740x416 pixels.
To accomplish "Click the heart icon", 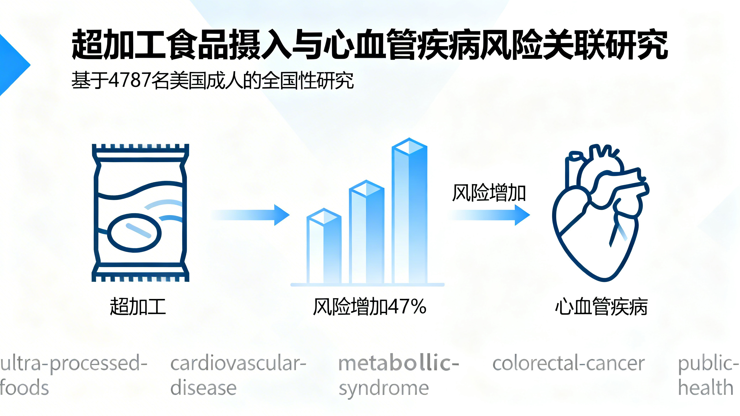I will tap(598, 214).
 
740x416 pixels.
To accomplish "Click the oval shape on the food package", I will tap(134, 233).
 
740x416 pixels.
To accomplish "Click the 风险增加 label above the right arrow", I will tap(489, 193).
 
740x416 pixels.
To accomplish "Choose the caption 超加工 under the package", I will tap(138, 307).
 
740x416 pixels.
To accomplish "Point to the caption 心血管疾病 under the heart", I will tap(601, 307).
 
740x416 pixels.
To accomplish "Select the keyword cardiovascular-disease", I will tap(238, 375).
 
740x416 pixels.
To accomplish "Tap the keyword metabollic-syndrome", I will tap(398, 375).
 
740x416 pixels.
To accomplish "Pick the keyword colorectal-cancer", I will tap(568, 363).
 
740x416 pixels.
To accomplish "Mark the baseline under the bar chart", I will tap(367, 285).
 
